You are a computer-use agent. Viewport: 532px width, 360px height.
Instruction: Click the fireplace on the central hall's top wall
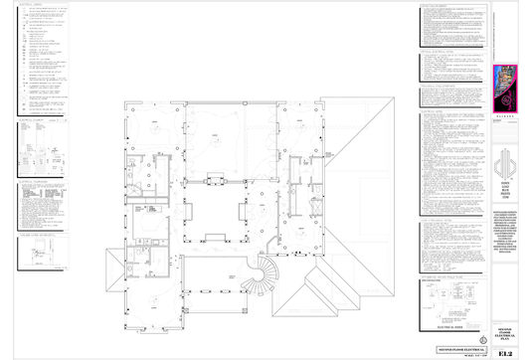coord(216,179)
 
